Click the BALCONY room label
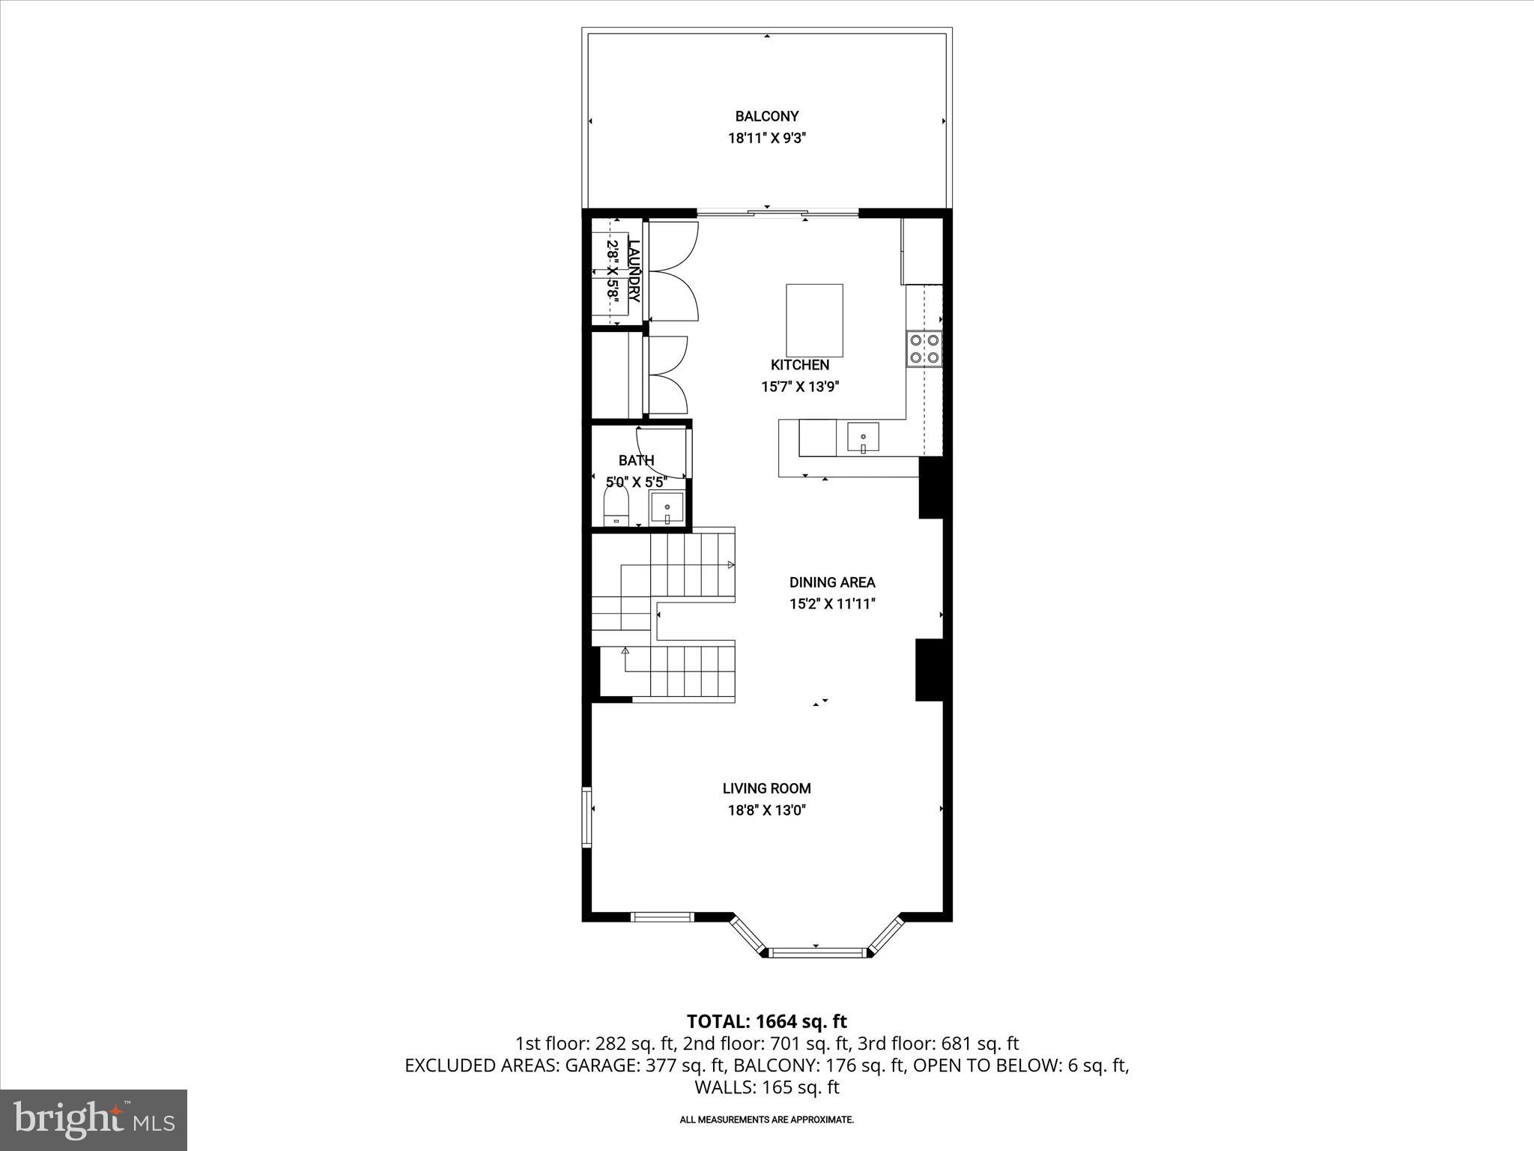tap(766, 116)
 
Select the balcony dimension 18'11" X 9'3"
tap(766, 139)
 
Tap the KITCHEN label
tap(800, 365)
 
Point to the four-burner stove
tap(924, 348)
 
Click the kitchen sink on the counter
tap(863, 438)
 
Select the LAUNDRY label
tap(634, 271)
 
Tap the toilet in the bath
tap(616, 507)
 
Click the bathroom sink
tap(666, 509)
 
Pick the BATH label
tap(636, 460)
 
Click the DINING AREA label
tap(831, 582)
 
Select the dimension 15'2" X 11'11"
tap(831, 604)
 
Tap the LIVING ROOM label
tap(766, 788)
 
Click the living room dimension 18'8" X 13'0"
tap(766, 810)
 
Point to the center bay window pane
tap(818, 953)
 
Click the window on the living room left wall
tap(586, 816)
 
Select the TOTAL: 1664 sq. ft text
tap(766, 1021)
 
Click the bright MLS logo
tap(94, 1120)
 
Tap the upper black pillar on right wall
tap(931, 488)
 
